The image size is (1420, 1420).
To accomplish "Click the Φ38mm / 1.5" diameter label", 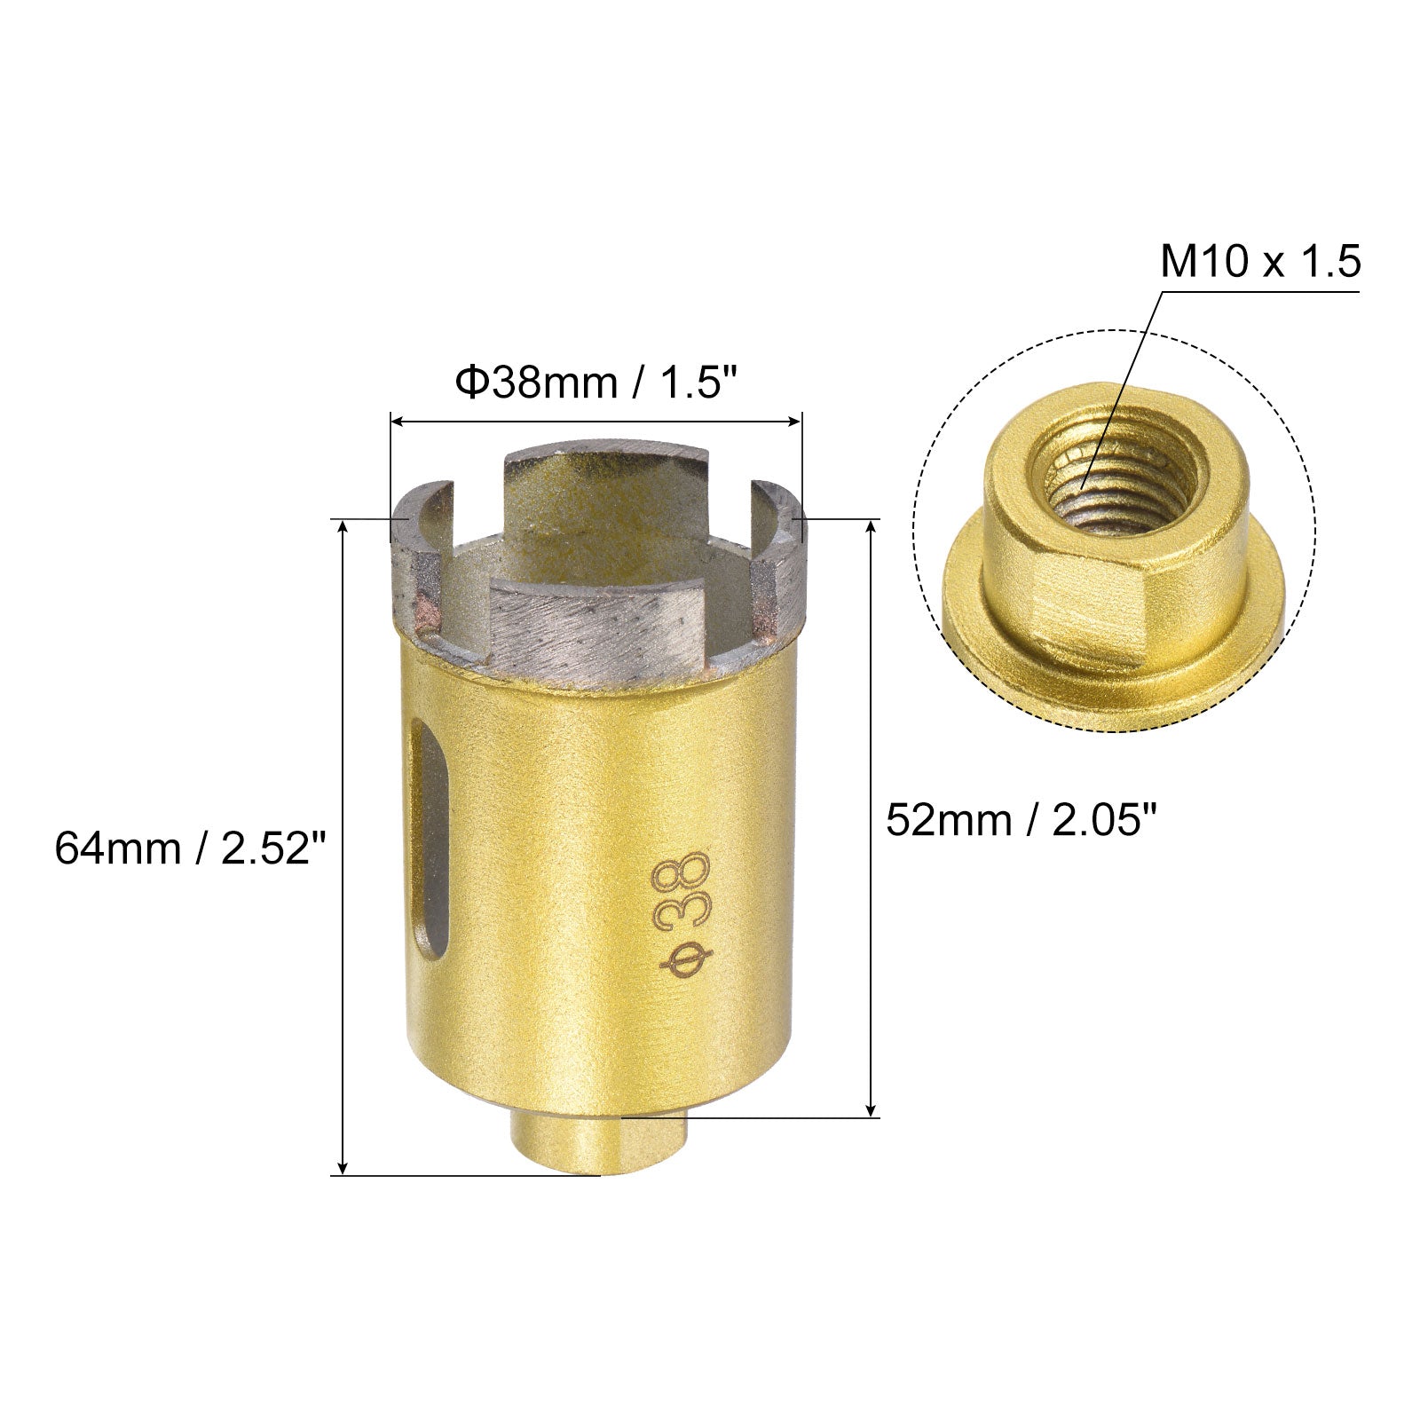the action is pos(596,384).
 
